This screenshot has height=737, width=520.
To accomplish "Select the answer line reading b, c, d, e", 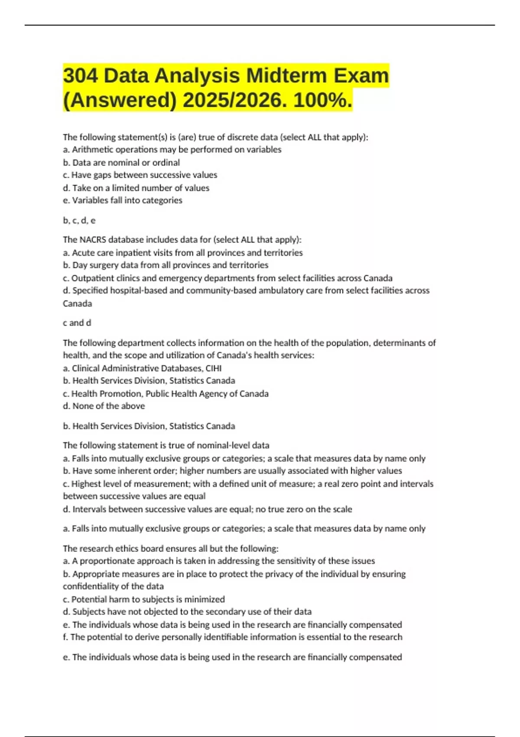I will coord(79,221).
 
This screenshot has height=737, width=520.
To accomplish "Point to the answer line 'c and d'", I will coord(77,323).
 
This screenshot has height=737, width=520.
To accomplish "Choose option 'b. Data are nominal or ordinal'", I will coord(121,163).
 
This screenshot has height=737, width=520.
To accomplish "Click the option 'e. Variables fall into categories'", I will coord(123,200).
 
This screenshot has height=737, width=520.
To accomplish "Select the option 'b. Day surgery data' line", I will coord(166,265).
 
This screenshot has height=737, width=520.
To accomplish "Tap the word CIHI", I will coord(214,368).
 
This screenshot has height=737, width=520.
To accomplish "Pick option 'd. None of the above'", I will coord(104,406).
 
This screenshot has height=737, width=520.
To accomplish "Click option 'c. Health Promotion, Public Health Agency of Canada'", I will coord(166,394).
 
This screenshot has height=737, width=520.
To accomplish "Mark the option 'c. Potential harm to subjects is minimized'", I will coord(144,599).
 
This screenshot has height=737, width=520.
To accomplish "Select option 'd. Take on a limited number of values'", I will coord(136,188).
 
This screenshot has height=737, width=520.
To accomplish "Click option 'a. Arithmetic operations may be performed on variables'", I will coord(172,150).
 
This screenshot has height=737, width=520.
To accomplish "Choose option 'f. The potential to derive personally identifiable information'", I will coord(233,637).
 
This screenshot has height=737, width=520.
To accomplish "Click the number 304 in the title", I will coord(81,76).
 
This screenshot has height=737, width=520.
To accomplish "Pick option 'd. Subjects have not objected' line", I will coord(187,612).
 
